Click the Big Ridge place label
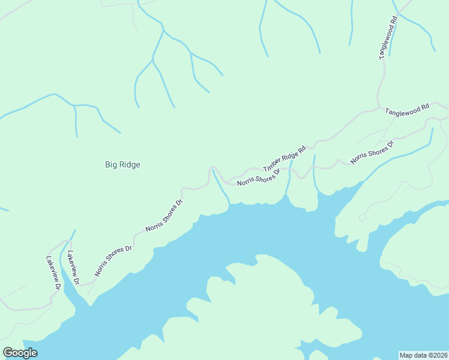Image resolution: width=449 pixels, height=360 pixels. tap(122, 164)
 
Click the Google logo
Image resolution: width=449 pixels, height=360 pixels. tap(20, 353)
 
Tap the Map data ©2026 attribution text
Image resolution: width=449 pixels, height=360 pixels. tap(423, 355)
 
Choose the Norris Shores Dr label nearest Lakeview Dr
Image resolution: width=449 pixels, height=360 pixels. tap(113, 260)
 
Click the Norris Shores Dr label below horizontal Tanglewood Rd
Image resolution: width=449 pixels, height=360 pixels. tap(372, 152)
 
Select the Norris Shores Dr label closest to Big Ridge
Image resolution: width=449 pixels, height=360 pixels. tap(164, 216)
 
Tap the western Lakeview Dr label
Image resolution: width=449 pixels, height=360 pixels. tap(53, 274)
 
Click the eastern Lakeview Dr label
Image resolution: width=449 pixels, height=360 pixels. tap(73, 267)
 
